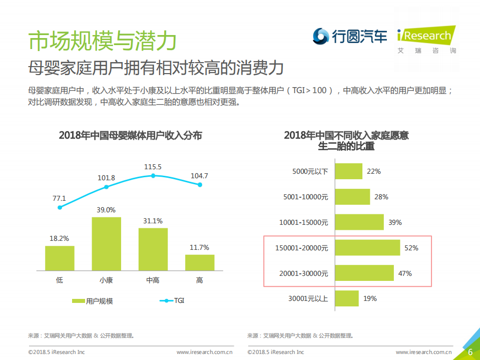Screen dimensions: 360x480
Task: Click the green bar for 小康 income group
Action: (106, 244)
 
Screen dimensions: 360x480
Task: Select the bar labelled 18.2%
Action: (60, 258)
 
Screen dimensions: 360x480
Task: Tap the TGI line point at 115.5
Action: (153, 176)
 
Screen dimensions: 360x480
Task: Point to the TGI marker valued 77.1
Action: (60, 207)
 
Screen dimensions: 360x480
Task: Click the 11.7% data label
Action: (200, 247)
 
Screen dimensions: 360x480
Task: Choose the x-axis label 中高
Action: (153, 280)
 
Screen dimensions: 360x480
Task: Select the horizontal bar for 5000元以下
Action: (348, 171)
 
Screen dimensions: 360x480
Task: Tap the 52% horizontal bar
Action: (367, 248)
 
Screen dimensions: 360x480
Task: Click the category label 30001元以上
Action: (308, 299)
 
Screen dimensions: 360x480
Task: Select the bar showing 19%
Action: (346, 298)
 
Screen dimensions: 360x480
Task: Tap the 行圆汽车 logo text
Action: (359, 36)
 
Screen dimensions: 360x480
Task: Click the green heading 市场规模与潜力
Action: (102, 41)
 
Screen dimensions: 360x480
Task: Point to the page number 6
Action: (470, 352)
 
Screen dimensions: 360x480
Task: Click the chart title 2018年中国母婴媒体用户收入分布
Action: (130, 135)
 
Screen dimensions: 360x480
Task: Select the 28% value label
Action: (381, 197)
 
